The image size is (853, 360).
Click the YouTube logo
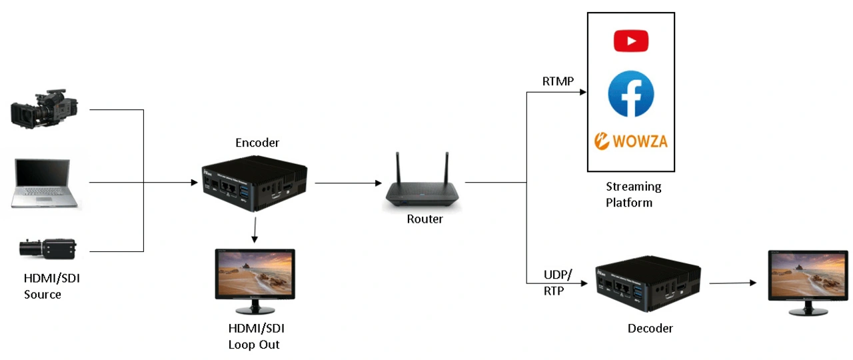pyautogui.click(x=630, y=41)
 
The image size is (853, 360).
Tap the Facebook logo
pyautogui.click(x=630, y=94)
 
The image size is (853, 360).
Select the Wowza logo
pyautogui.click(x=630, y=141)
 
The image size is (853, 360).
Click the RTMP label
pyautogui.click(x=558, y=81)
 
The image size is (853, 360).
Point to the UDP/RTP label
pyautogui.click(x=558, y=283)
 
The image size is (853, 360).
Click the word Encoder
pyautogui.click(x=257, y=143)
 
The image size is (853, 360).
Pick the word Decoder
pyautogui.click(x=650, y=328)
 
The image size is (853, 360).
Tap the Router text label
pyautogui.click(x=425, y=219)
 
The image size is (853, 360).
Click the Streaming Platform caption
pyautogui.click(x=633, y=194)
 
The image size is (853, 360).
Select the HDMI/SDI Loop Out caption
pyautogui.click(x=256, y=336)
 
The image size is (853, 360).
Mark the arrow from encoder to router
pyautogui.click(x=344, y=182)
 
